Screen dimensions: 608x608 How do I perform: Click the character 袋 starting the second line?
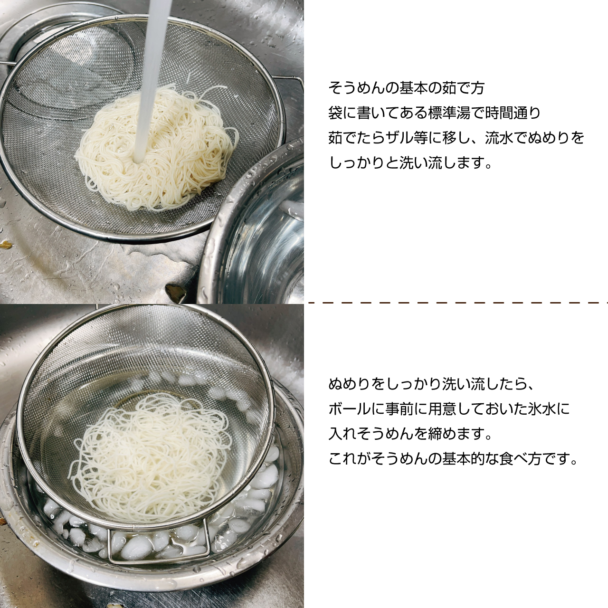(x=335, y=113)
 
